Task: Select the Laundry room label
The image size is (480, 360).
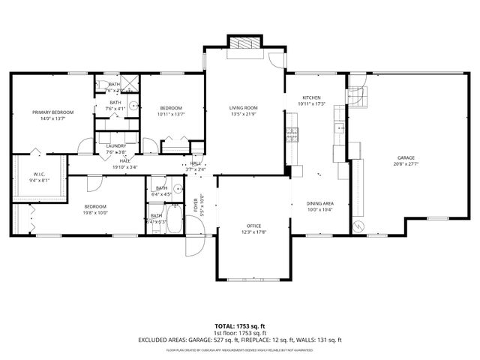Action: click(x=115, y=146)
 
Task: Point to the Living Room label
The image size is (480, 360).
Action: click(x=244, y=108)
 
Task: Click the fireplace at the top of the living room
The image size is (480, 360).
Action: click(x=244, y=44)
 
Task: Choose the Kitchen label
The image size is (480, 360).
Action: click(x=311, y=97)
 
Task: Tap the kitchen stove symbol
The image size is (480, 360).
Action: click(x=291, y=134)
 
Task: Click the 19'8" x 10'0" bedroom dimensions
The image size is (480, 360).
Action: click(x=94, y=212)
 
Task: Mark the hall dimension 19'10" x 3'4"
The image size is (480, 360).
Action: click(x=124, y=166)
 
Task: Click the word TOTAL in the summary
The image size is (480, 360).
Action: click(x=226, y=326)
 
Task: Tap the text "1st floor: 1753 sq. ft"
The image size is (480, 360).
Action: click(x=240, y=333)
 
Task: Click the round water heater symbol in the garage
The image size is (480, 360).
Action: click(x=358, y=225)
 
